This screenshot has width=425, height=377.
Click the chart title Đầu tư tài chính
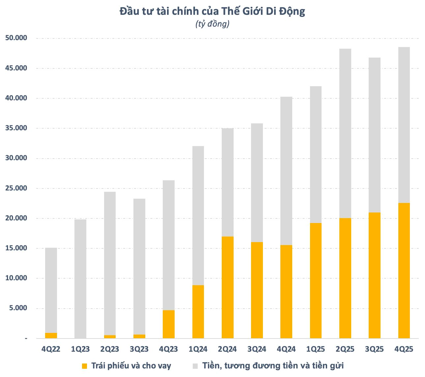[212, 12]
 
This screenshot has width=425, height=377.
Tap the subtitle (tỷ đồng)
[212, 24]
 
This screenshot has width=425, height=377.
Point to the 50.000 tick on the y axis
[16, 38]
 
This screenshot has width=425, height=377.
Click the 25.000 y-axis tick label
[16, 188]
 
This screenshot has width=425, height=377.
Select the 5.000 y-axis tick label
[18, 308]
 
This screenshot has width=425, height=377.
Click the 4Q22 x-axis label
[51, 349]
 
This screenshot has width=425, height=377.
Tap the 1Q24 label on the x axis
[198, 349]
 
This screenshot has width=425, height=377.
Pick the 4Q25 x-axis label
[404, 349]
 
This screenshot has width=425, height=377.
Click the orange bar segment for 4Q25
[404, 270]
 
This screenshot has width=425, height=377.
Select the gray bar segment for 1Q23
[80, 279]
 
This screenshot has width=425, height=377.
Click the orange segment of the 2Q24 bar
[228, 287]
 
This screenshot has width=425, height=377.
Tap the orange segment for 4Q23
[169, 324]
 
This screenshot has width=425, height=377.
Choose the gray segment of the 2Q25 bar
[345, 133]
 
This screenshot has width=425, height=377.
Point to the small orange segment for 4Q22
[51, 336]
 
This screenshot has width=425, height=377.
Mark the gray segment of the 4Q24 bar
[286, 171]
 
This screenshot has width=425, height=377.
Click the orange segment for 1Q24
[198, 312]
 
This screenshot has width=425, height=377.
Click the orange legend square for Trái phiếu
[85, 366]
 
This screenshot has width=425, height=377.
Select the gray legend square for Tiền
[196, 366]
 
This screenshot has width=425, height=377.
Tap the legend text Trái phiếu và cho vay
[131, 366]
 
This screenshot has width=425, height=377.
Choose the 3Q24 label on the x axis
[257, 349]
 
